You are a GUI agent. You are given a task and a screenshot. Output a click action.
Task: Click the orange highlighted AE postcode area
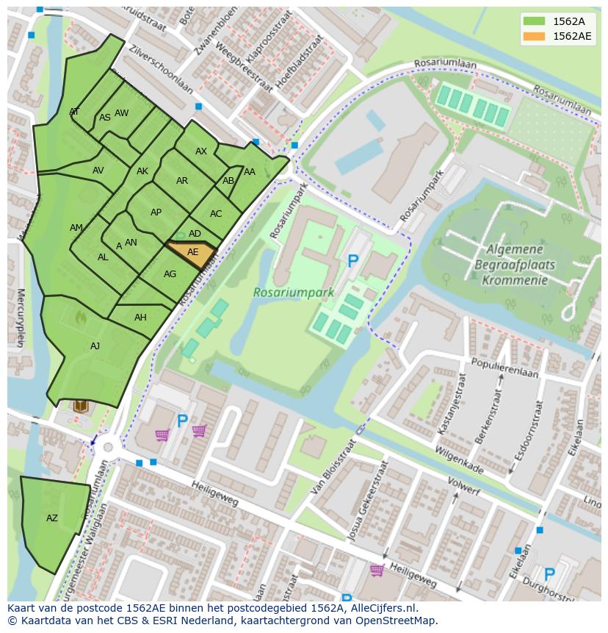click(x=192, y=252)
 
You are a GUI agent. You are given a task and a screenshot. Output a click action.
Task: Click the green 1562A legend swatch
click(x=534, y=21)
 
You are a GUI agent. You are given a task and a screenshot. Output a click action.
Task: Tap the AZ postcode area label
click(x=52, y=518)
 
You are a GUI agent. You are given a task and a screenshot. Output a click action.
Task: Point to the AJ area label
click(x=95, y=346)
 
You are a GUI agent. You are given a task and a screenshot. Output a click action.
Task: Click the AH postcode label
click(x=140, y=318)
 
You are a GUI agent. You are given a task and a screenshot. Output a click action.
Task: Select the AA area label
click(x=250, y=172)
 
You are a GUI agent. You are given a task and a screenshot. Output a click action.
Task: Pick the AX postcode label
click(x=201, y=151)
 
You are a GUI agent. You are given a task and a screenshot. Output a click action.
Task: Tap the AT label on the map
click(x=74, y=112)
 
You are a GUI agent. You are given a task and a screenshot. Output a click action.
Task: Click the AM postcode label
click(x=76, y=228)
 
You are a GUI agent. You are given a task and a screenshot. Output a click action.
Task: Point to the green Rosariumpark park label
click(x=294, y=292)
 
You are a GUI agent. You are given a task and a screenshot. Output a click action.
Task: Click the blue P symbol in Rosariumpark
click(x=353, y=261)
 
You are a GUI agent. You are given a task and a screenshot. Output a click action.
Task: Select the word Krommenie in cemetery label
click(x=515, y=280)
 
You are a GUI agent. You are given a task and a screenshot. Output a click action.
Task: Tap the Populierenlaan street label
click(x=504, y=368)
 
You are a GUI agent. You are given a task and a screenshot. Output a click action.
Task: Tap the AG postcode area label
click(x=170, y=274)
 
